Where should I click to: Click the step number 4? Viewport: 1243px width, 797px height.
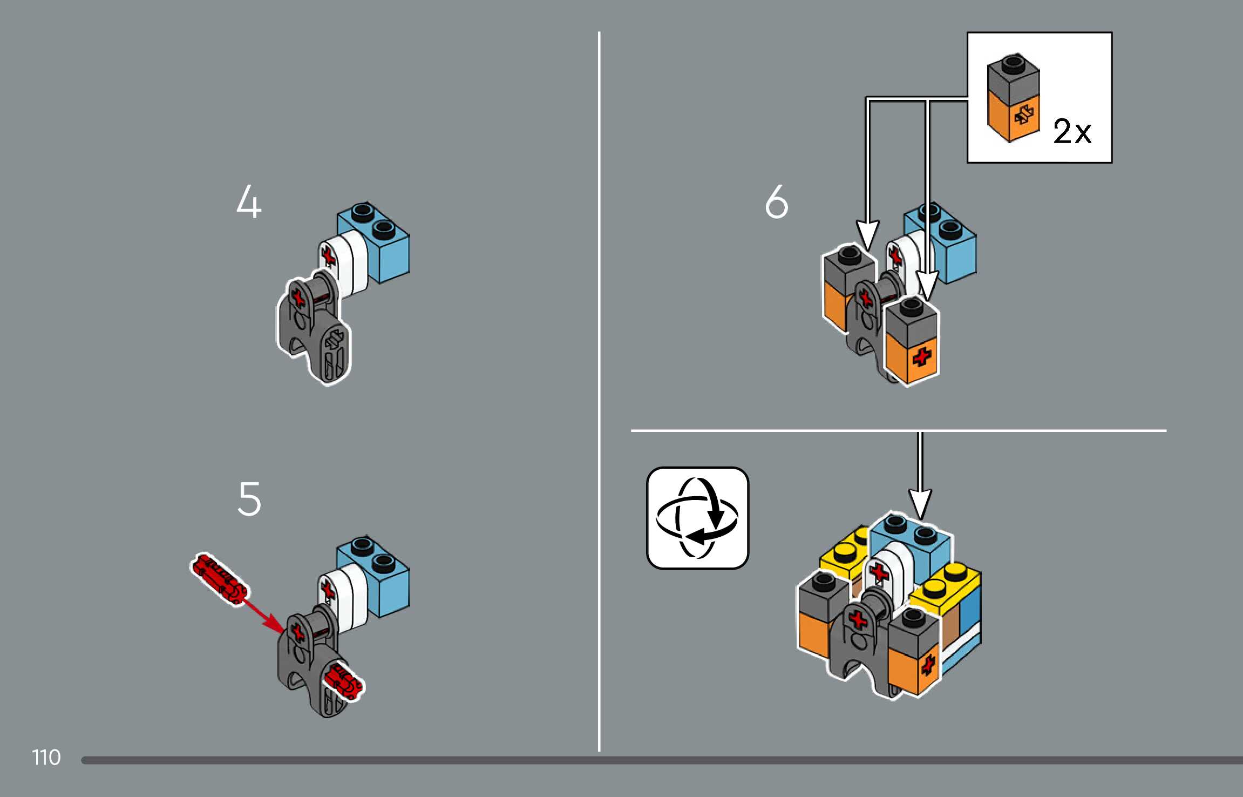click(249, 201)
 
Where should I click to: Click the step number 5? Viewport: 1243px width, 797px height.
click(249, 499)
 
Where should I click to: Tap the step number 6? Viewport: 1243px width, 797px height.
click(777, 201)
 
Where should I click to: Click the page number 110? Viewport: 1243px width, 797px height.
click(46, 758)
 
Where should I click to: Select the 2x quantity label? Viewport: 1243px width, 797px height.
click(1072, 131)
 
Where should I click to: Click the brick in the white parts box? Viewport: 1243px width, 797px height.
click(1013, 98)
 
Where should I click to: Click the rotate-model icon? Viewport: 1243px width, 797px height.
click(697, 518)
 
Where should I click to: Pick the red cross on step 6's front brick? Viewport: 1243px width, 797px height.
click(922, 357)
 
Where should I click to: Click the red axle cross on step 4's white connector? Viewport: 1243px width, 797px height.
click(328, 256)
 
